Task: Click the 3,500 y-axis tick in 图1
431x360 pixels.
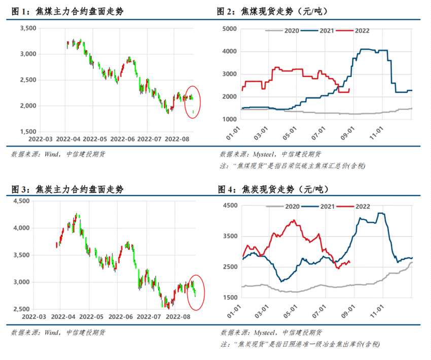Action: (27, 28)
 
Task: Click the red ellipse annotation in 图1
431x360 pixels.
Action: (193, 101)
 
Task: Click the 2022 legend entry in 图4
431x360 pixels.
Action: (357, 206)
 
